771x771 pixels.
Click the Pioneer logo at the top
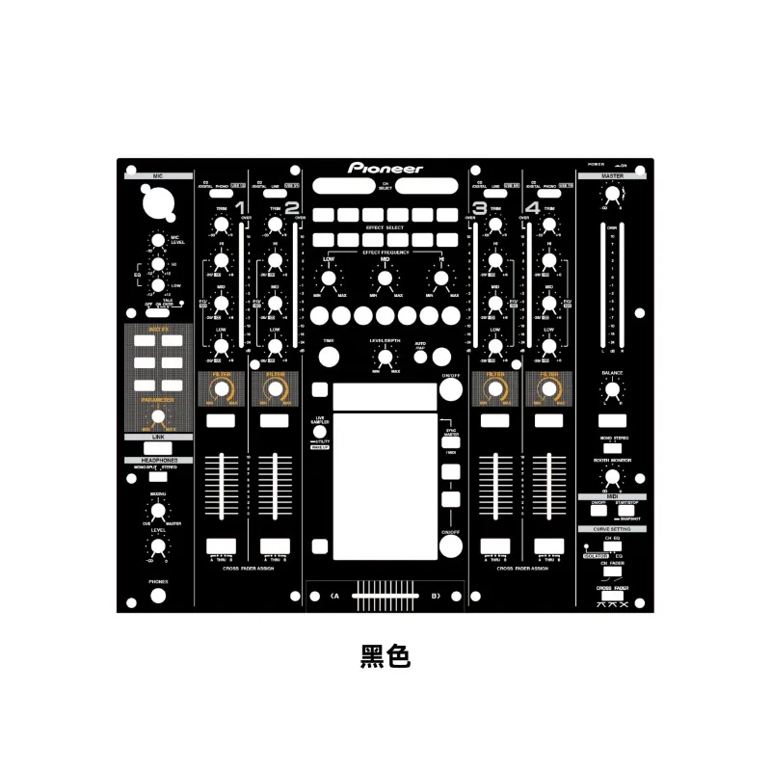tap(385, 168)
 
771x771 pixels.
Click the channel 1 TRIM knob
tap(221, 226)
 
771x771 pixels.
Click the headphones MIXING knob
tap(157, 512)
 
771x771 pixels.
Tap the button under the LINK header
tap(157, 447)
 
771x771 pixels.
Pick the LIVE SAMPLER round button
tap(319, 431)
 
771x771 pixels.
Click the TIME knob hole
tap(329, 357)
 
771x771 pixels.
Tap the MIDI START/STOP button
tap(625, 511)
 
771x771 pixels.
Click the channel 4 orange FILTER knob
tap(549, 389)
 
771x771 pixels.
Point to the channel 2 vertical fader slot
tap(275, 487)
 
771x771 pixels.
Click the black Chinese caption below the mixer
tap(385, 656)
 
